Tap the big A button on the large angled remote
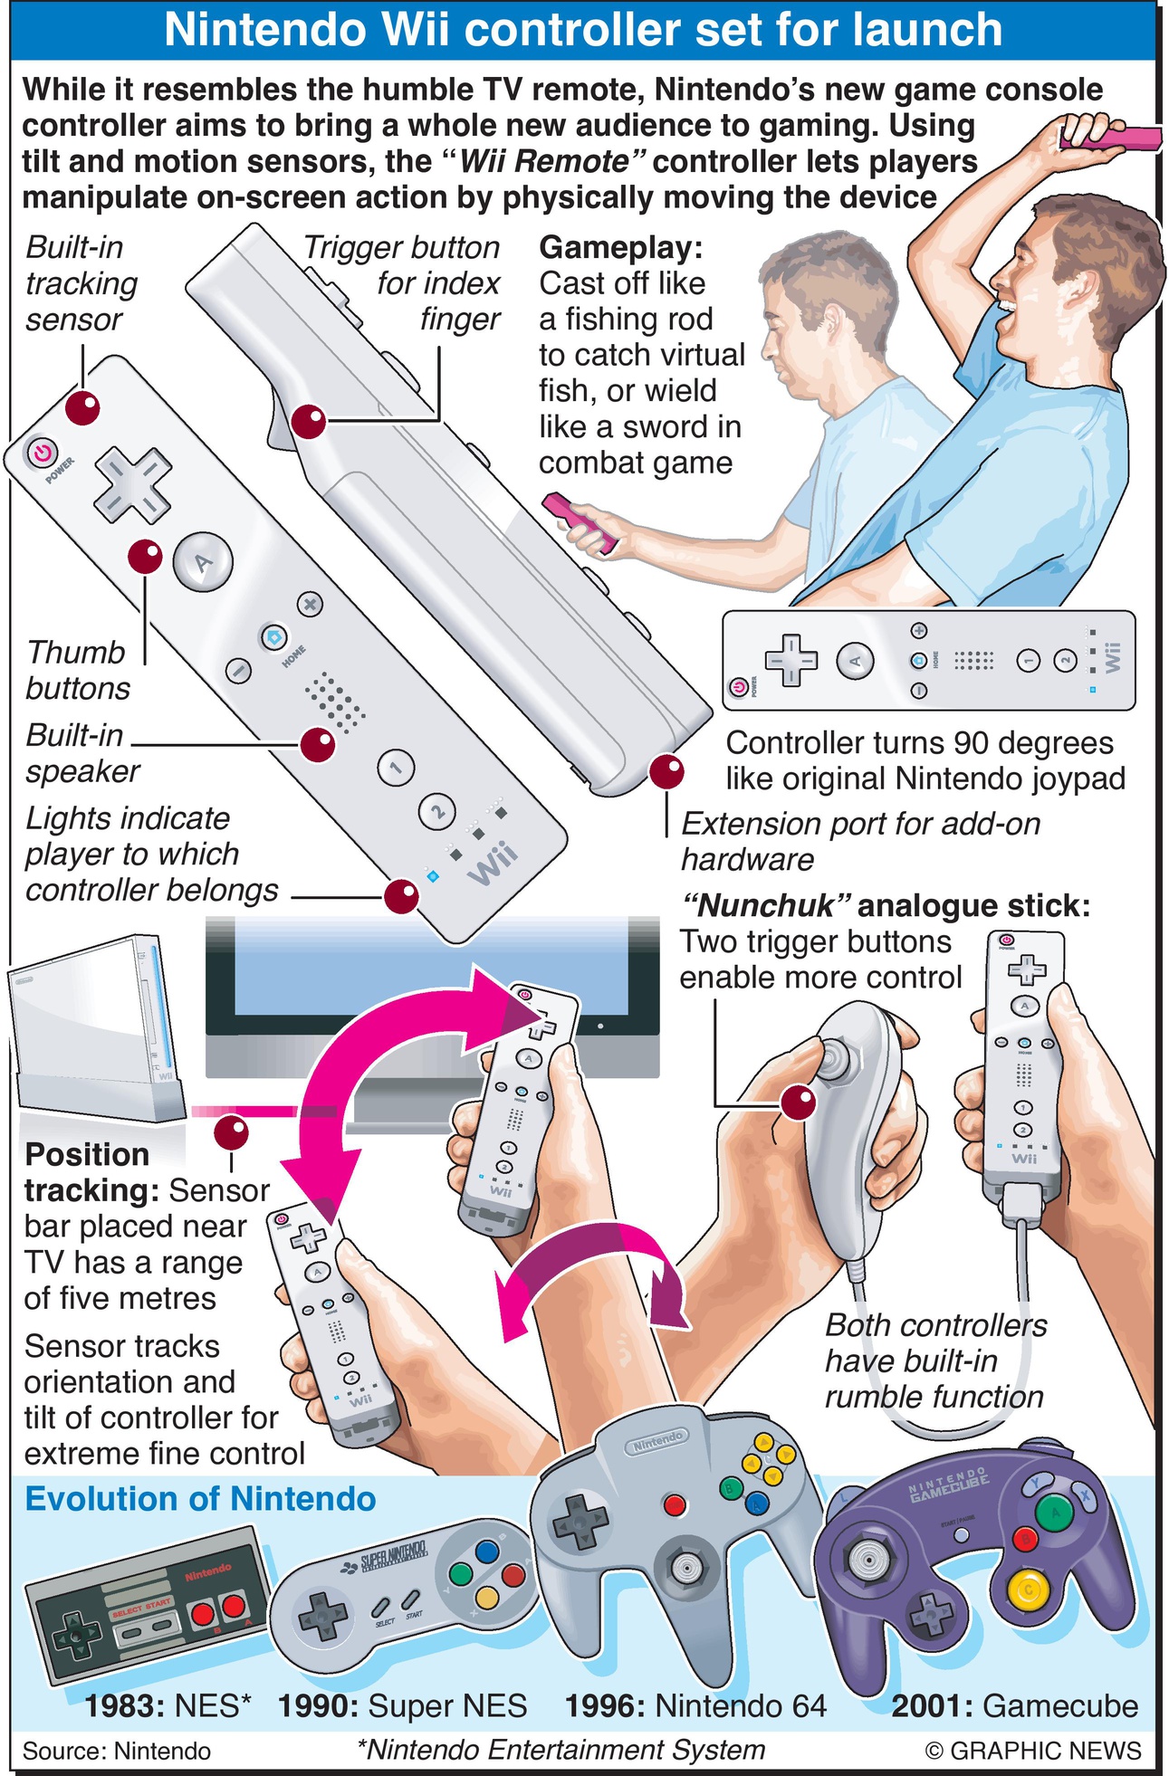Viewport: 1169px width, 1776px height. click(203, 562)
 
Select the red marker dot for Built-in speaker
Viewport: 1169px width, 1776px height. click(317, 745)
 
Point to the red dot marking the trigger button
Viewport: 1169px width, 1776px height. click(308, 422)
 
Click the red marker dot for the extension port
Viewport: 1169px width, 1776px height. click(666, 771)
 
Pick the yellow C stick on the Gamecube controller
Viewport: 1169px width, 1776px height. click(1027, 1590)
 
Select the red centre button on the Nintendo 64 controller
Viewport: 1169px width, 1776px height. click(675, 1505)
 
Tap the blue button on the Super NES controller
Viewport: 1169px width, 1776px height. click(487, 1552)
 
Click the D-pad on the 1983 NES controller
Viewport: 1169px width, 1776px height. click(76, 1636)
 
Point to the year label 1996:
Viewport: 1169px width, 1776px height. click(606, 1705)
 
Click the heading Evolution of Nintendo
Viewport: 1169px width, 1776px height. click(200, 1499)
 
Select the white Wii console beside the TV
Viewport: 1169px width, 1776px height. click(95, 1027)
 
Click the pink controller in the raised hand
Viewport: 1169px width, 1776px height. click(1110, 138)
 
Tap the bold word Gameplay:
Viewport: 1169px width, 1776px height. click(621, 247)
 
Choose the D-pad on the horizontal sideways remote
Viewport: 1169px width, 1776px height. click(791, 659)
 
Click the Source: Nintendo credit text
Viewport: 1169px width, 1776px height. click(117, 1752)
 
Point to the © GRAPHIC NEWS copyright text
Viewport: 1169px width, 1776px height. click(1033, 1752)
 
